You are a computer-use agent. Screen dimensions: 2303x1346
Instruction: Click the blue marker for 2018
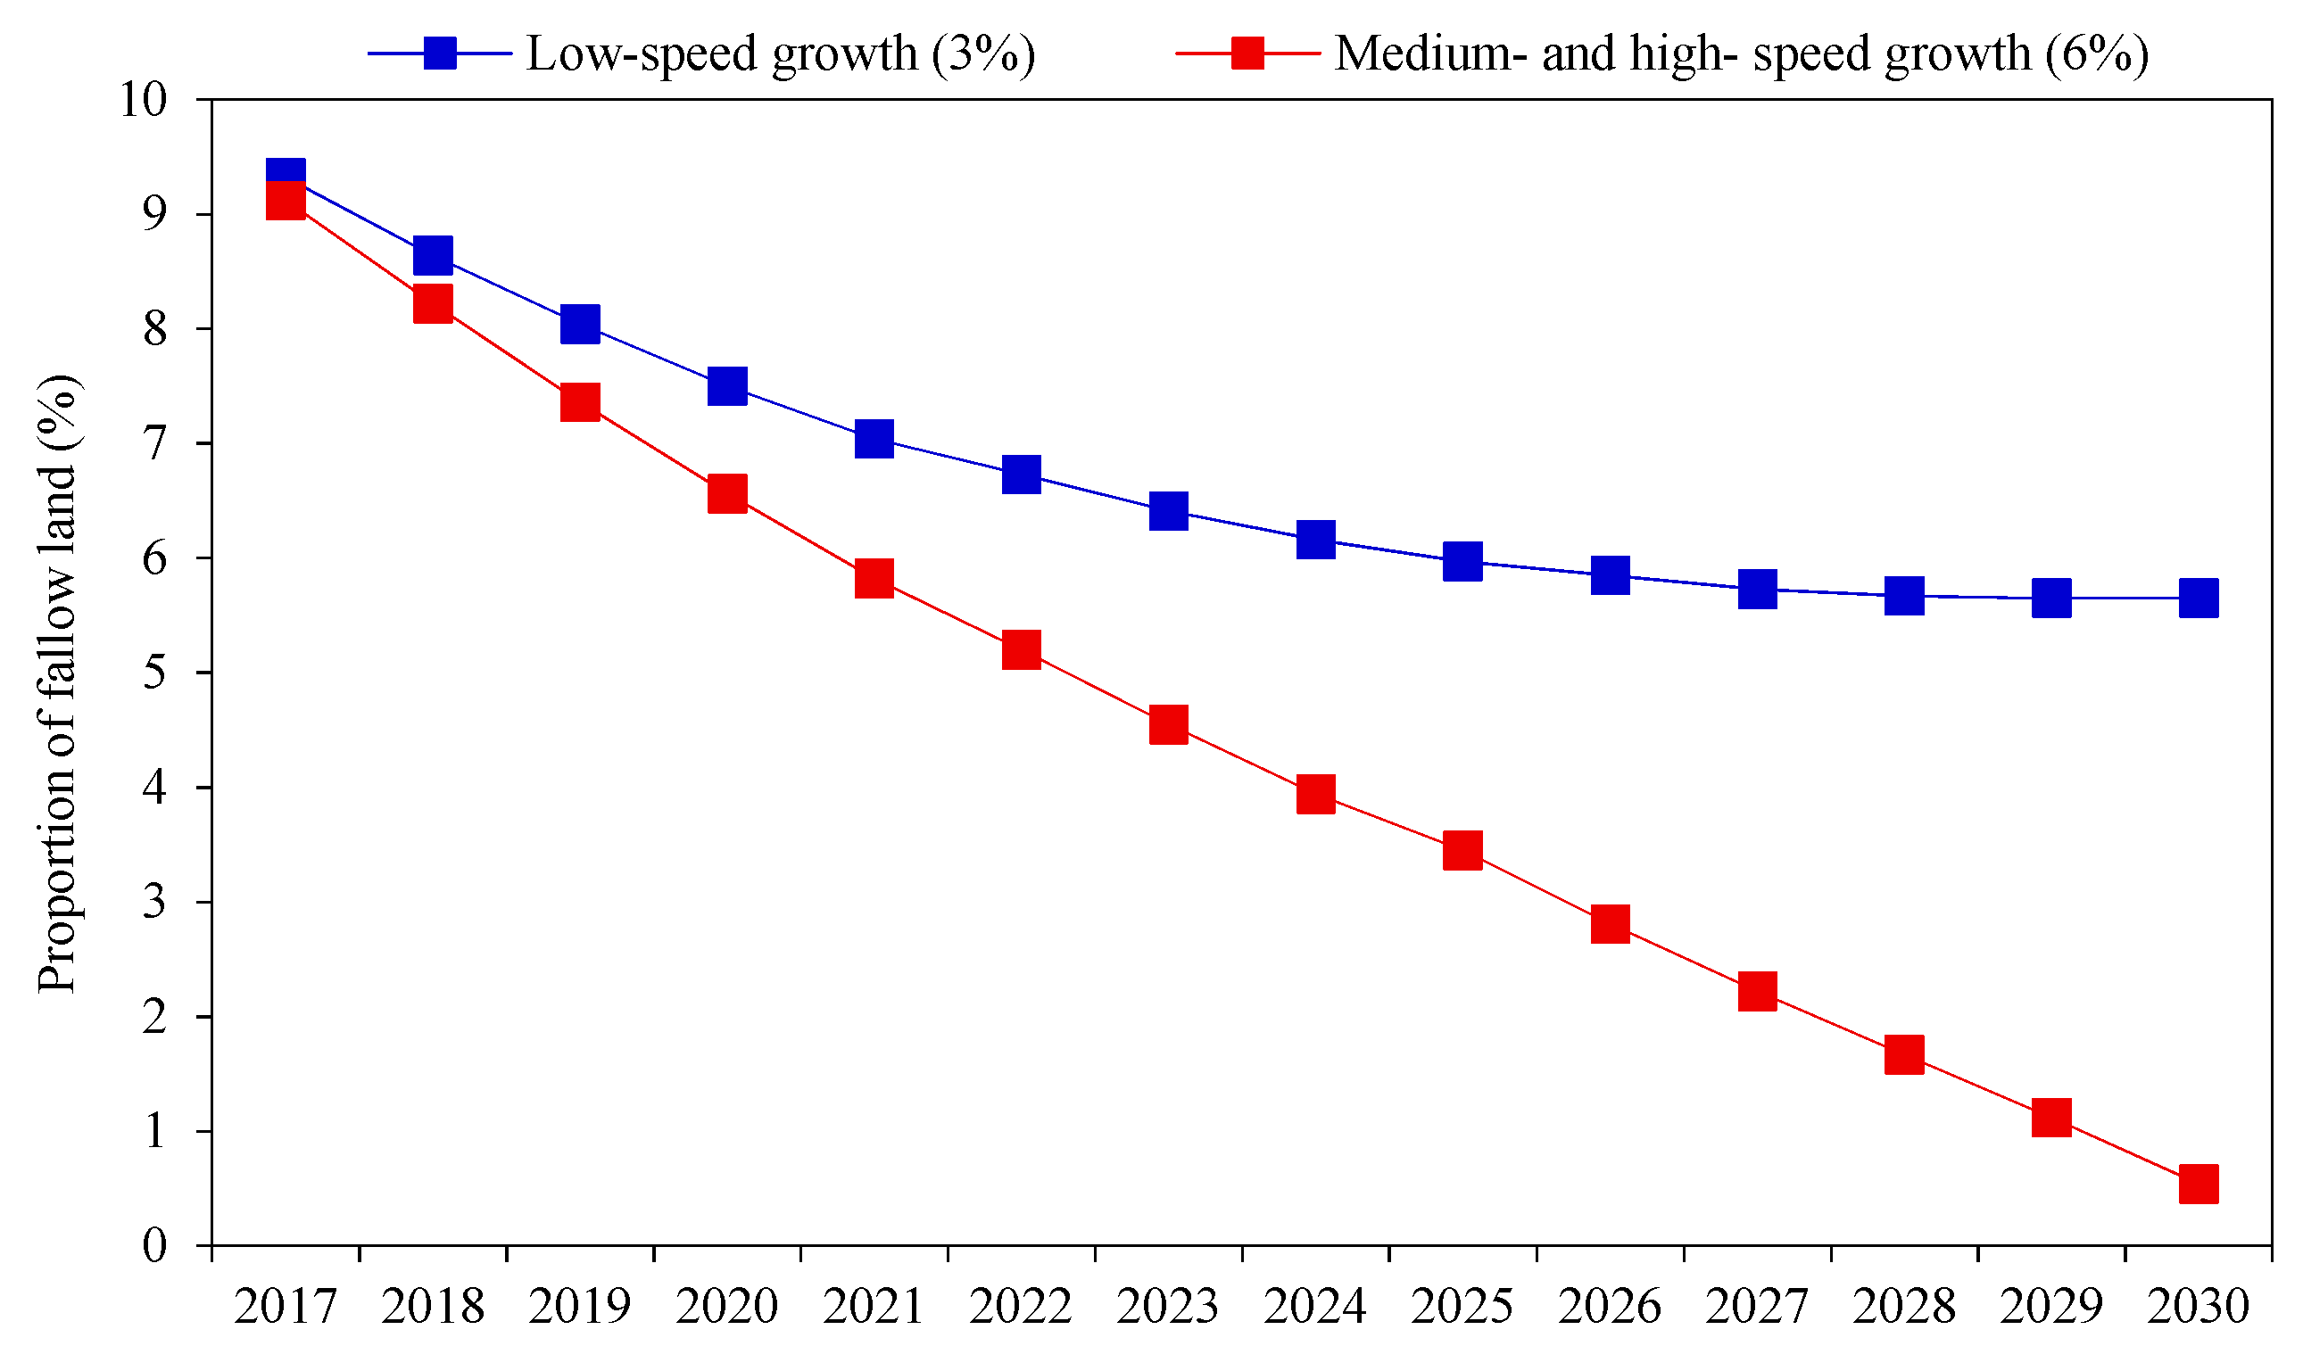click(433, 255)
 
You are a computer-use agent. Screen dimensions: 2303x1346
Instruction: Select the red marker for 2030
click(2198, 1185)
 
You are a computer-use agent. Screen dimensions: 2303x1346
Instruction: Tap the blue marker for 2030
click(2198, 599)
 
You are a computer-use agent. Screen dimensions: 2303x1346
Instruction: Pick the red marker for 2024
click(1315, 794)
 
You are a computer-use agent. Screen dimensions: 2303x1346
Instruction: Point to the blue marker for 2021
click(874, 439)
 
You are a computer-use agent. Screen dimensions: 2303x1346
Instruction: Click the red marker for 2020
click(727, 494)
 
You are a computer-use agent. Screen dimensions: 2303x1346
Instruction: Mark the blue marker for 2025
click(1462, 561)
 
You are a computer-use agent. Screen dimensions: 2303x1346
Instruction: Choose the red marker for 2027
click(1757, 992)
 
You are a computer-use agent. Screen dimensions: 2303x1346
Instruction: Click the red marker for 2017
click(286, 200)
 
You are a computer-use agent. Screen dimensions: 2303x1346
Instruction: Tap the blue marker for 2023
click(1168, 511)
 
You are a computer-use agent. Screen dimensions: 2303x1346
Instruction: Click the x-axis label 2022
click(1021, 1306)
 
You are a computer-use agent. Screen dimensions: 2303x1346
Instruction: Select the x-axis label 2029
click(2050, 1306)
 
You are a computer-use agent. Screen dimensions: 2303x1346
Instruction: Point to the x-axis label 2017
click(286, 1306)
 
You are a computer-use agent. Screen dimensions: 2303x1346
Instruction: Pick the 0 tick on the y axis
click(155, 1245)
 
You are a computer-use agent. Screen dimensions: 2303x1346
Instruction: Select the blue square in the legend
click(440, 53)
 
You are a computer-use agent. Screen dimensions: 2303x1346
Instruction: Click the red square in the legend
click(1247, 53)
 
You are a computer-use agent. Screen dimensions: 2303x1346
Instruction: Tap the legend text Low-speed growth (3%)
click(781, 53)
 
